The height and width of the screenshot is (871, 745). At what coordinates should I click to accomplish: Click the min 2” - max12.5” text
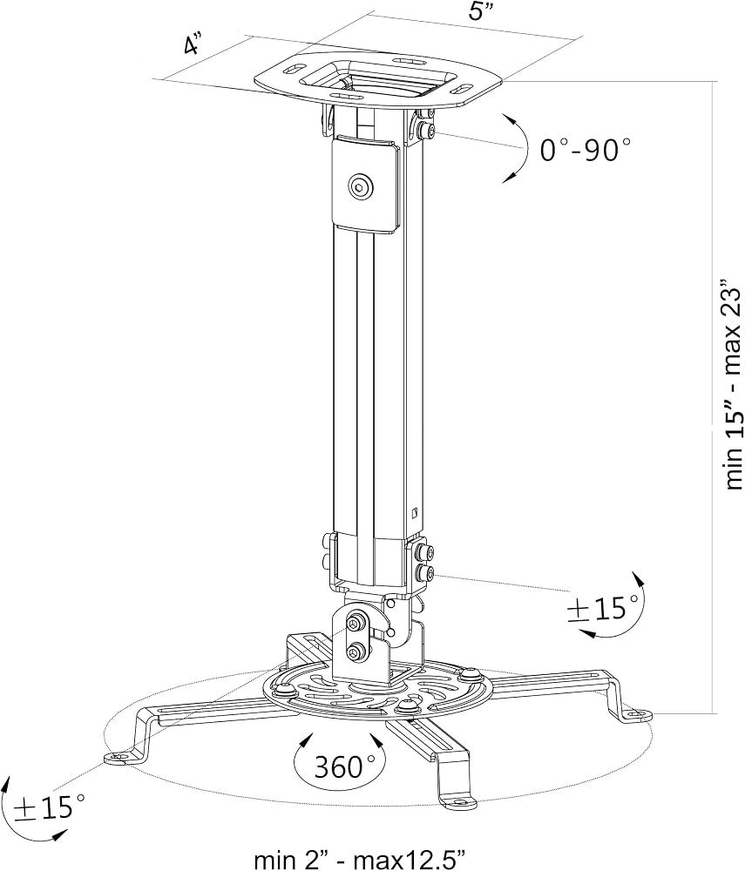(x=360, y=858)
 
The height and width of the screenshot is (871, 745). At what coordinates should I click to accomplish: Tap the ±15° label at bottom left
(x=49, y=807)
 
